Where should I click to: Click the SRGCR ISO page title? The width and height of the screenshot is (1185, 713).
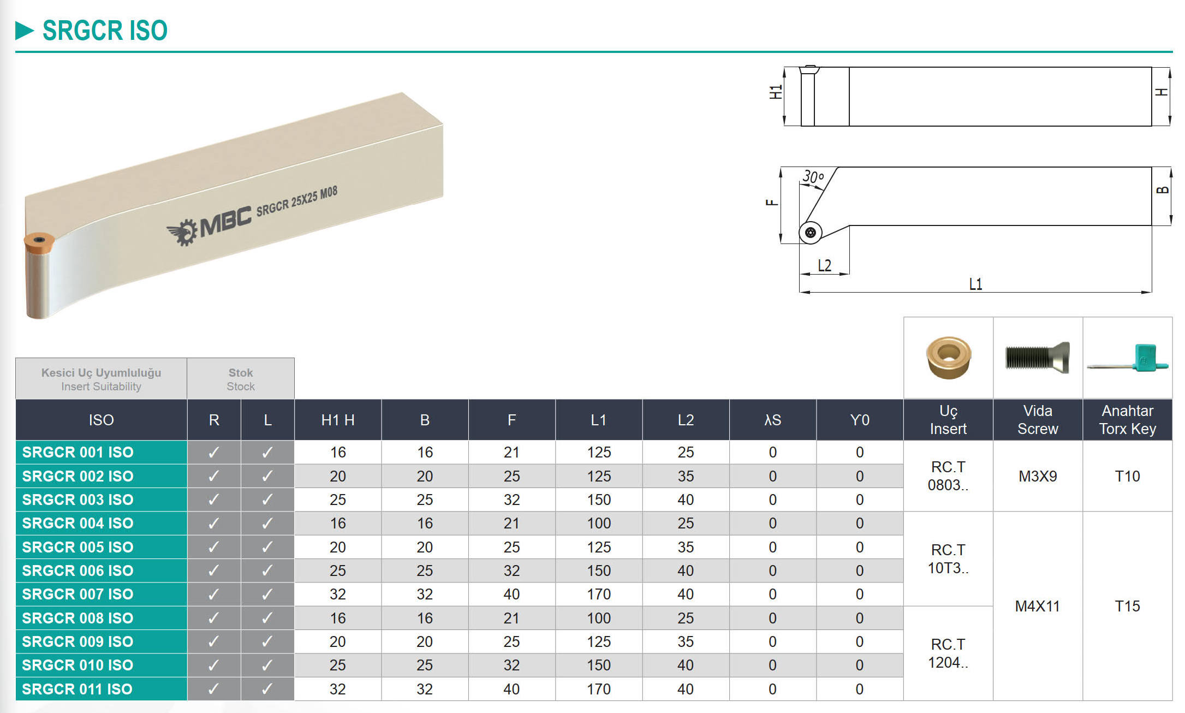tap(105, 30)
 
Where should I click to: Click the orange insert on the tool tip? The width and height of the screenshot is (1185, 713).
tap(39, 243)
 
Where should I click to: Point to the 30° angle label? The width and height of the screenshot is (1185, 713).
tap(813, 177)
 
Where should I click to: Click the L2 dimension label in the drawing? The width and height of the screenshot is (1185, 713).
tap(824, 265)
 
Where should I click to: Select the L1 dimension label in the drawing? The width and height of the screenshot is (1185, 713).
tap(975, 284)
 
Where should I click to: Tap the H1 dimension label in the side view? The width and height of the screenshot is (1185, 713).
tap(775, 92)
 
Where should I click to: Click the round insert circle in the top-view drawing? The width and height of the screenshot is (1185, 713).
tap(811, 233)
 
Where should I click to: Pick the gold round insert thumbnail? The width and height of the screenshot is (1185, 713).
tap(949, 358)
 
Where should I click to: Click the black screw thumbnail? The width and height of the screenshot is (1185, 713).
tap(1038, 358)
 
